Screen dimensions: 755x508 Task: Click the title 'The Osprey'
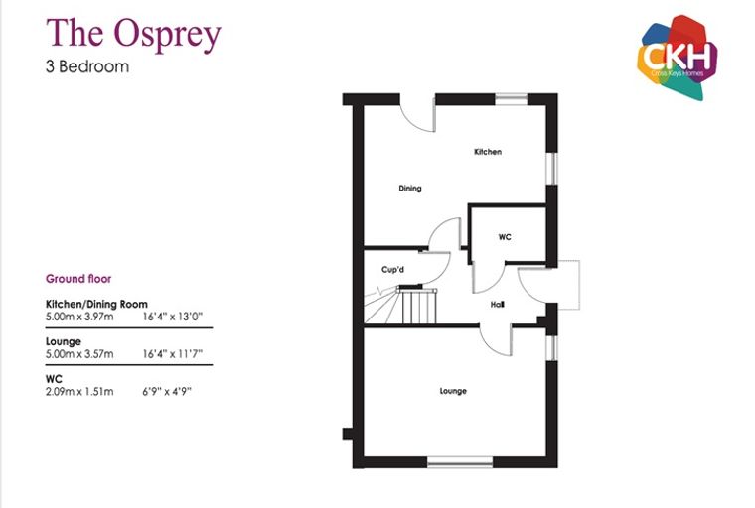[x=133, y=34]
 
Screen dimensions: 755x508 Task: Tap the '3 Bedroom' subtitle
[x=87, y=66]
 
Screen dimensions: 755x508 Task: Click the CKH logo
[x=678, y=58]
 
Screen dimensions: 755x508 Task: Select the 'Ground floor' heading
[x=78, y=279]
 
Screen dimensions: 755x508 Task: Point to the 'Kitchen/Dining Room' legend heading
[x=96, y=304]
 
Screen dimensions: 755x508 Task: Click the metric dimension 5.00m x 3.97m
[x=79, y=317]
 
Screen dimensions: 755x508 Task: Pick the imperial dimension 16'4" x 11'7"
[x=173, y=354]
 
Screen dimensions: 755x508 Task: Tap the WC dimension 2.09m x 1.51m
[x=79, y=392]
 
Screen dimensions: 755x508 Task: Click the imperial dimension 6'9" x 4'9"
[x=167, y=392]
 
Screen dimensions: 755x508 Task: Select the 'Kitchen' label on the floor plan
[x=488, y=152]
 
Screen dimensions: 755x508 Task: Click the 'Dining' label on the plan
[x=410, y=189]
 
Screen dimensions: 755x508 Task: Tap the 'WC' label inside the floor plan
[x=505, y=237]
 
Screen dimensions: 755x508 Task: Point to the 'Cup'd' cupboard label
[x=393, y=270]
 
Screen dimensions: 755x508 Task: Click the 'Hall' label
[x=498, y=304]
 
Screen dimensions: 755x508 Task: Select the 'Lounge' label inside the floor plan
[x=453, y=391]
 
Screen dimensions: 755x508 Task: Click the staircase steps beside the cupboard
[x=400, y=306]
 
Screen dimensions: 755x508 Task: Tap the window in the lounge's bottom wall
[x=460, y=462]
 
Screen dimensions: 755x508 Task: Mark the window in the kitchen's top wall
[x=512, y=99]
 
